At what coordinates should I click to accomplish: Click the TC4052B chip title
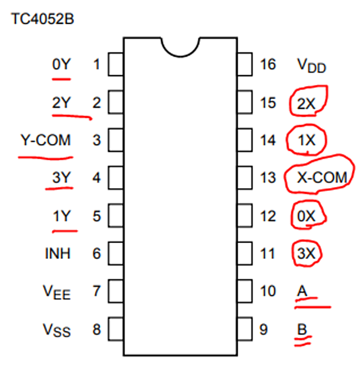42,18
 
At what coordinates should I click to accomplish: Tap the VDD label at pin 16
311,66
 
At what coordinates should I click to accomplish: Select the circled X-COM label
322,177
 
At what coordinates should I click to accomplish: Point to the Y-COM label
45,140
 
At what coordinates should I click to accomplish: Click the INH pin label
58,253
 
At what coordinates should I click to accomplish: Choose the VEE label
57,292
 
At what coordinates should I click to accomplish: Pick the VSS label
57,330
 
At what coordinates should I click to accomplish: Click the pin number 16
268,65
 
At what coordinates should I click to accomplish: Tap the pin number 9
264,329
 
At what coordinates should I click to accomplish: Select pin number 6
96,253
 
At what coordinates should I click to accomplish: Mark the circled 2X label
306,104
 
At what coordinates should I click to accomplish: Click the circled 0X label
306,216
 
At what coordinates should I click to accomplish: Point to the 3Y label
61,177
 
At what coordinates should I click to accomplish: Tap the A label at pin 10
302,291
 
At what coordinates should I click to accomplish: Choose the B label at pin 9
302,329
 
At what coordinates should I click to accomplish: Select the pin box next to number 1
115,64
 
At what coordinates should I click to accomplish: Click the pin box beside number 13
245,177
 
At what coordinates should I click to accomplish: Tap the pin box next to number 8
115,329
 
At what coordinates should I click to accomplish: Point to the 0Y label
61,65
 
